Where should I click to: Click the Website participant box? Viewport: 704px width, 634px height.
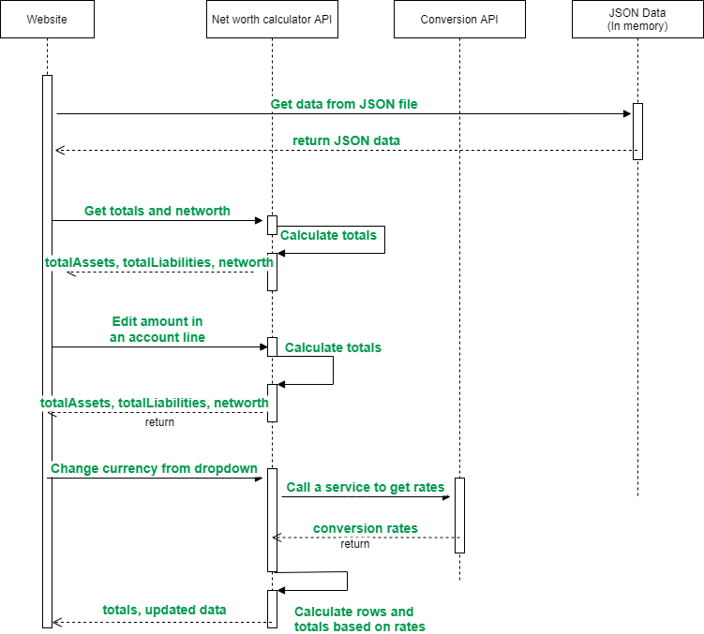47,20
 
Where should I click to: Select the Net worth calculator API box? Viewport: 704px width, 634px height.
272,20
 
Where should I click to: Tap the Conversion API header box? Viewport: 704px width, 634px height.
459,20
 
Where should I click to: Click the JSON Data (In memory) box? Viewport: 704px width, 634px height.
637,20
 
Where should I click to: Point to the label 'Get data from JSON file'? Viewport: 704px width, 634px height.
344,104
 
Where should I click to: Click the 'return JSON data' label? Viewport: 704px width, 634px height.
346,140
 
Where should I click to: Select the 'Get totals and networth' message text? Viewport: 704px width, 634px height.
157,211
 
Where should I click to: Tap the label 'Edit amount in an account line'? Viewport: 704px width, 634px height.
157,330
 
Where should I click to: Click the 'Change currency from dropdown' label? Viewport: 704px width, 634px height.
154,468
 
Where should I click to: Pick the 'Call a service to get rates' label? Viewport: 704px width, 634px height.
366,487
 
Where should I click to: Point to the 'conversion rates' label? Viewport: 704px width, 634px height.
366,528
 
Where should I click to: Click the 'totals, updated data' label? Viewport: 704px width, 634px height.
164,610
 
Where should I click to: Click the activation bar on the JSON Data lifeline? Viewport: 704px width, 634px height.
637,131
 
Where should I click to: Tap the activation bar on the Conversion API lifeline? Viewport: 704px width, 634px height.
459,515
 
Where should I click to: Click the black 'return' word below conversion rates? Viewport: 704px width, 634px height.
354,544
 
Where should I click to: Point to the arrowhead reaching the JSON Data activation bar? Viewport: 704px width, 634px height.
628,114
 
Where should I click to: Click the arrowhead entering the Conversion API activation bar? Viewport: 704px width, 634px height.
450,497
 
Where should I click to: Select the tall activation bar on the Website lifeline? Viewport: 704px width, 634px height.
47,351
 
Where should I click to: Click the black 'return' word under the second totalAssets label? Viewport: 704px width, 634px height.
159,422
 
